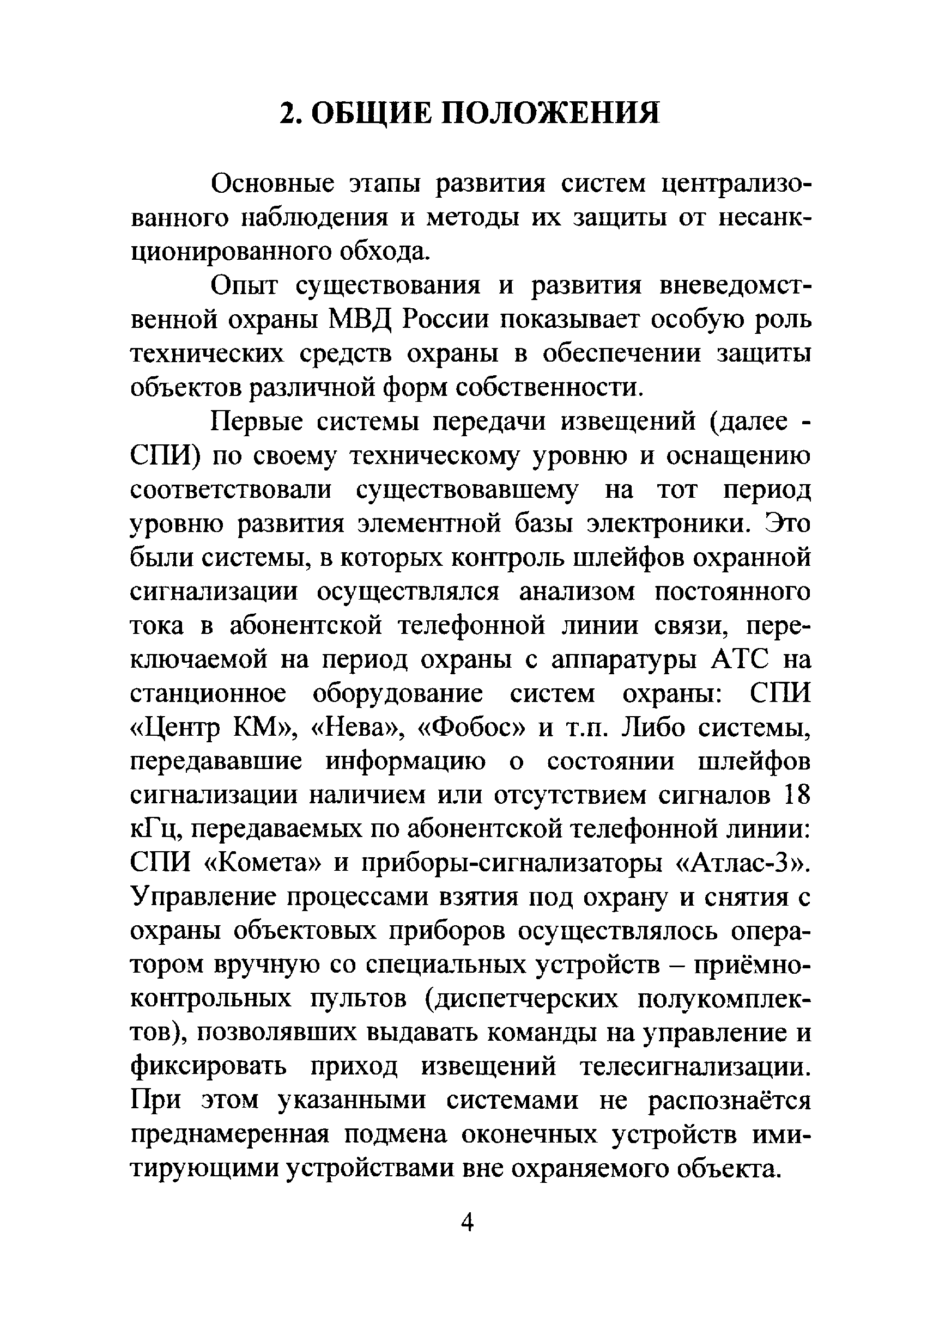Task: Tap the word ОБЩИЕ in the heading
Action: pos(369,113)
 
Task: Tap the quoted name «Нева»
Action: pos(354,729)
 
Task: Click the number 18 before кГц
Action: pos(795,796)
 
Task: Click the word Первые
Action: pos(256,422)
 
